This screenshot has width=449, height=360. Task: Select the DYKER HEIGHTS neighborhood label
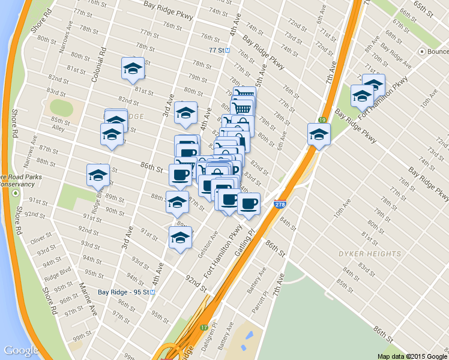[370, 254]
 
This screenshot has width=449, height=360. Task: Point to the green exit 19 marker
[322, 120]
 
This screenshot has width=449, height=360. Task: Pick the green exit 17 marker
[204, 328]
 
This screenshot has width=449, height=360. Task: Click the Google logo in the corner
[21, 350]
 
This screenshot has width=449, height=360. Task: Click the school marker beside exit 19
[319, 135]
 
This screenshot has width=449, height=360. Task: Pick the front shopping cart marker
[242, 109]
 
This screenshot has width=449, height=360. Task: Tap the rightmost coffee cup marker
[249, 202]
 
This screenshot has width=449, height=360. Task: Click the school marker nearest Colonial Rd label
[133, 69]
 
